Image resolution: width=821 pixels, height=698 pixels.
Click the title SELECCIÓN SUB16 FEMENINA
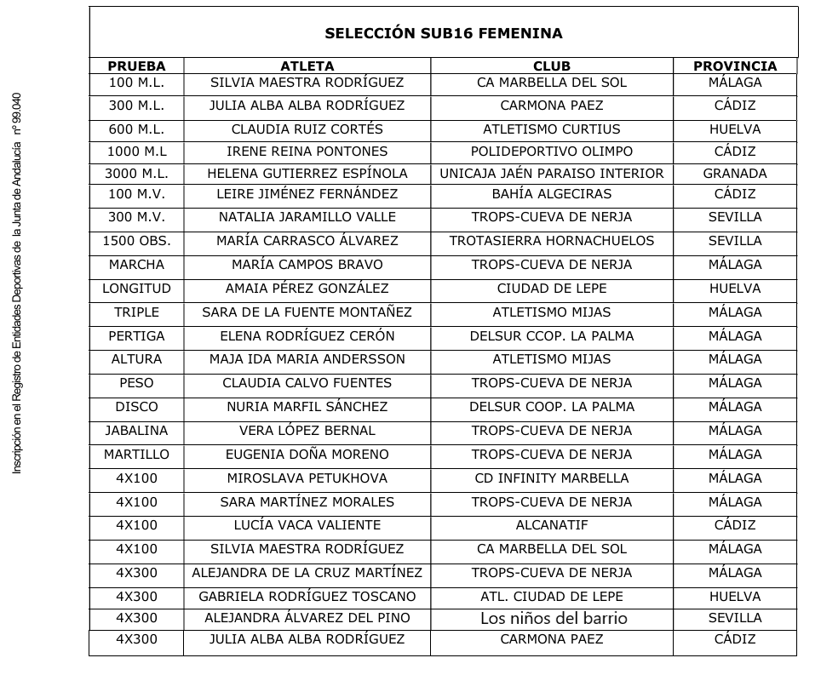(443, 34)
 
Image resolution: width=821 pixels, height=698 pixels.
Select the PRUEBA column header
(136, 66)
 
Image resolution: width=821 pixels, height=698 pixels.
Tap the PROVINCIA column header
(734, 66)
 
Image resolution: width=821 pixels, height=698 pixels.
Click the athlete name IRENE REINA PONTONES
(307, 152)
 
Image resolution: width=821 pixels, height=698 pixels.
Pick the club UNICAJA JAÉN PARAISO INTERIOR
(551, 174)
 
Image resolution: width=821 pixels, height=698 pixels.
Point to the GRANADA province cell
(734, 174)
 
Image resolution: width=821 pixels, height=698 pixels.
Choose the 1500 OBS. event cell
(136, 241)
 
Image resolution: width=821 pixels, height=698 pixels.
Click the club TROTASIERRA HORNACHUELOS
(551, 241)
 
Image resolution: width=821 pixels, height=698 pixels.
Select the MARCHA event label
(136, 265)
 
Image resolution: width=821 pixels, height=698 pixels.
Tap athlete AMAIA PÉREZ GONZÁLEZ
(307, 289)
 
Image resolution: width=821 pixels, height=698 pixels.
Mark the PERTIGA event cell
(136, 336)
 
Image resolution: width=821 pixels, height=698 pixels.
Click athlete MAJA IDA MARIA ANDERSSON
(307, 359)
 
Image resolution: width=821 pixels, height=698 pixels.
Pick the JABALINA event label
(136, 431)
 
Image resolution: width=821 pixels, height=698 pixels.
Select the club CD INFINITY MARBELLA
(551, 478)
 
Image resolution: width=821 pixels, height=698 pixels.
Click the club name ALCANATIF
(551, 525)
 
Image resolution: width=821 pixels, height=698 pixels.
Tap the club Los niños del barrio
(554, 619)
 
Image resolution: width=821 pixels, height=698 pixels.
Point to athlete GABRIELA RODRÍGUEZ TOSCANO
(307, 597)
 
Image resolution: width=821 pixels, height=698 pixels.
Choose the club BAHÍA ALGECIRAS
(551, 194)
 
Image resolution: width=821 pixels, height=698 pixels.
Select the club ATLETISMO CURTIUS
(551, 129)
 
